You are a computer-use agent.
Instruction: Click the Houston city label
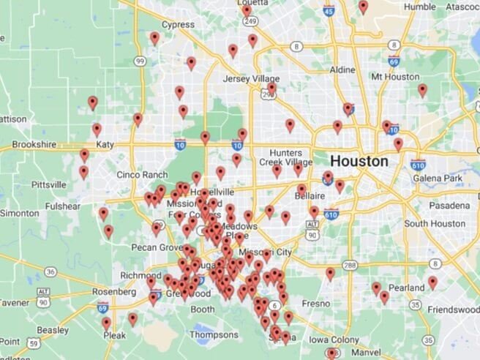pyautogui.click(x=359, y=160)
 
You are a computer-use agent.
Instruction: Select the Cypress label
pyautogui.click(x=178, y=24)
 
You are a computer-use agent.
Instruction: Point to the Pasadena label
pyautogui.click(x=448, y=206)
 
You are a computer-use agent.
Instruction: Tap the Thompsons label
pyautogui.click(x=214, y=335)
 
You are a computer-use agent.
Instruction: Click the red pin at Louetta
pyautogui.click(x=247, y=10)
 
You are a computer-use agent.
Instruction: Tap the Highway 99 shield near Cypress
pyautogui.click(x=140, y=61)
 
